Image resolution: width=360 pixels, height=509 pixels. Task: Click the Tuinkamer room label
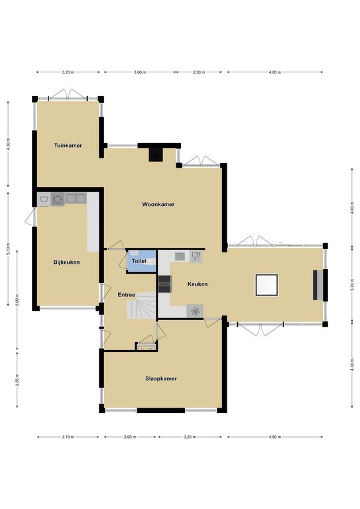pos(68,145)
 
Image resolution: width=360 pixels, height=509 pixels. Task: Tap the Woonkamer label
pos(158,204)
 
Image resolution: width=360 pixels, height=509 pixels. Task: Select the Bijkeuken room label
pos(66,262)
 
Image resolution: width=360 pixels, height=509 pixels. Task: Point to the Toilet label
pos(139,261)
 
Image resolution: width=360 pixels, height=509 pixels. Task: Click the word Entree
pos(126,295)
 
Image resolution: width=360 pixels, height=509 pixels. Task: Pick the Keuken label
pos(198,284)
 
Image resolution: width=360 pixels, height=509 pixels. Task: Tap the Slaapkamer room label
pos(161,378)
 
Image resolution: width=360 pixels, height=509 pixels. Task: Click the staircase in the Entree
pos(141,305)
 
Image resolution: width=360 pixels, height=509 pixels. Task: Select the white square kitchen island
pos(267,285)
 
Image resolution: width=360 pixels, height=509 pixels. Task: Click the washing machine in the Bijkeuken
pos(58,199)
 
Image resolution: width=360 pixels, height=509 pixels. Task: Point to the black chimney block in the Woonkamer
pos(156,155)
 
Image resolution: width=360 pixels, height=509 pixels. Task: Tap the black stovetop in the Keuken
pos(164,284)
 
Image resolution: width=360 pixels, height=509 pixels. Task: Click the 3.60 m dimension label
pos(140,72)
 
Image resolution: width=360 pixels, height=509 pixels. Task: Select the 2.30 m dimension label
pos(199,72)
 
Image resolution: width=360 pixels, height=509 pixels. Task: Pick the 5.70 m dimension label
pos(9,249)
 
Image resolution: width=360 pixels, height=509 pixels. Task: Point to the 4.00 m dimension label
pos(351,207)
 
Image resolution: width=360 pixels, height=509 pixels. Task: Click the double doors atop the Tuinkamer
pos(68,94)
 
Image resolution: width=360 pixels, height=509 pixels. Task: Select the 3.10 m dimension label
pos(68,437)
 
